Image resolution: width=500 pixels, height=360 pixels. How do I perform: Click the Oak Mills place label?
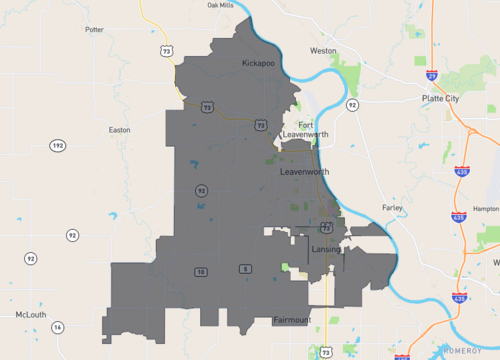pyautogui.click(x=220, y=5)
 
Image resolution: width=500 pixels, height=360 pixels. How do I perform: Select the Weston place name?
pyautogui.click(x=323, y=50)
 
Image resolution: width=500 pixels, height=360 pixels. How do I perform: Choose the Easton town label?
pyautogui.click(x=119, y=129)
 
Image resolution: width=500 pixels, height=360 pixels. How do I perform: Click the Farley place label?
pyautogui.click(x=392, y=208)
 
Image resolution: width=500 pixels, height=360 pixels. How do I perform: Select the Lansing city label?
pyautogui.click(x=326, y=249)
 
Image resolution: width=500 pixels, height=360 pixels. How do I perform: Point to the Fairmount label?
pyautogui.click(x=292, y=320)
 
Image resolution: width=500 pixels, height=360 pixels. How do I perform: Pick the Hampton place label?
pyautogui.click(x=486, y=208)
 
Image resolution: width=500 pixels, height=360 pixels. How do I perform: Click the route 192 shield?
pyautogui.click(x=57, y=146)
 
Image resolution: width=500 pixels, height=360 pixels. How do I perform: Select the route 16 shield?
pyautogui.click(x=58, y=327)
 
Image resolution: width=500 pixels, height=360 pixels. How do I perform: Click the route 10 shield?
pyautogui.click(x=201, y=271)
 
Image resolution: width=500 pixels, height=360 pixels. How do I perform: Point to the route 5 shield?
pyautogui.click(x=244, y=270)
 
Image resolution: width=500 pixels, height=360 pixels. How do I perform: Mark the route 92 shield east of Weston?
pyautogui.click(x=352, y=104)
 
